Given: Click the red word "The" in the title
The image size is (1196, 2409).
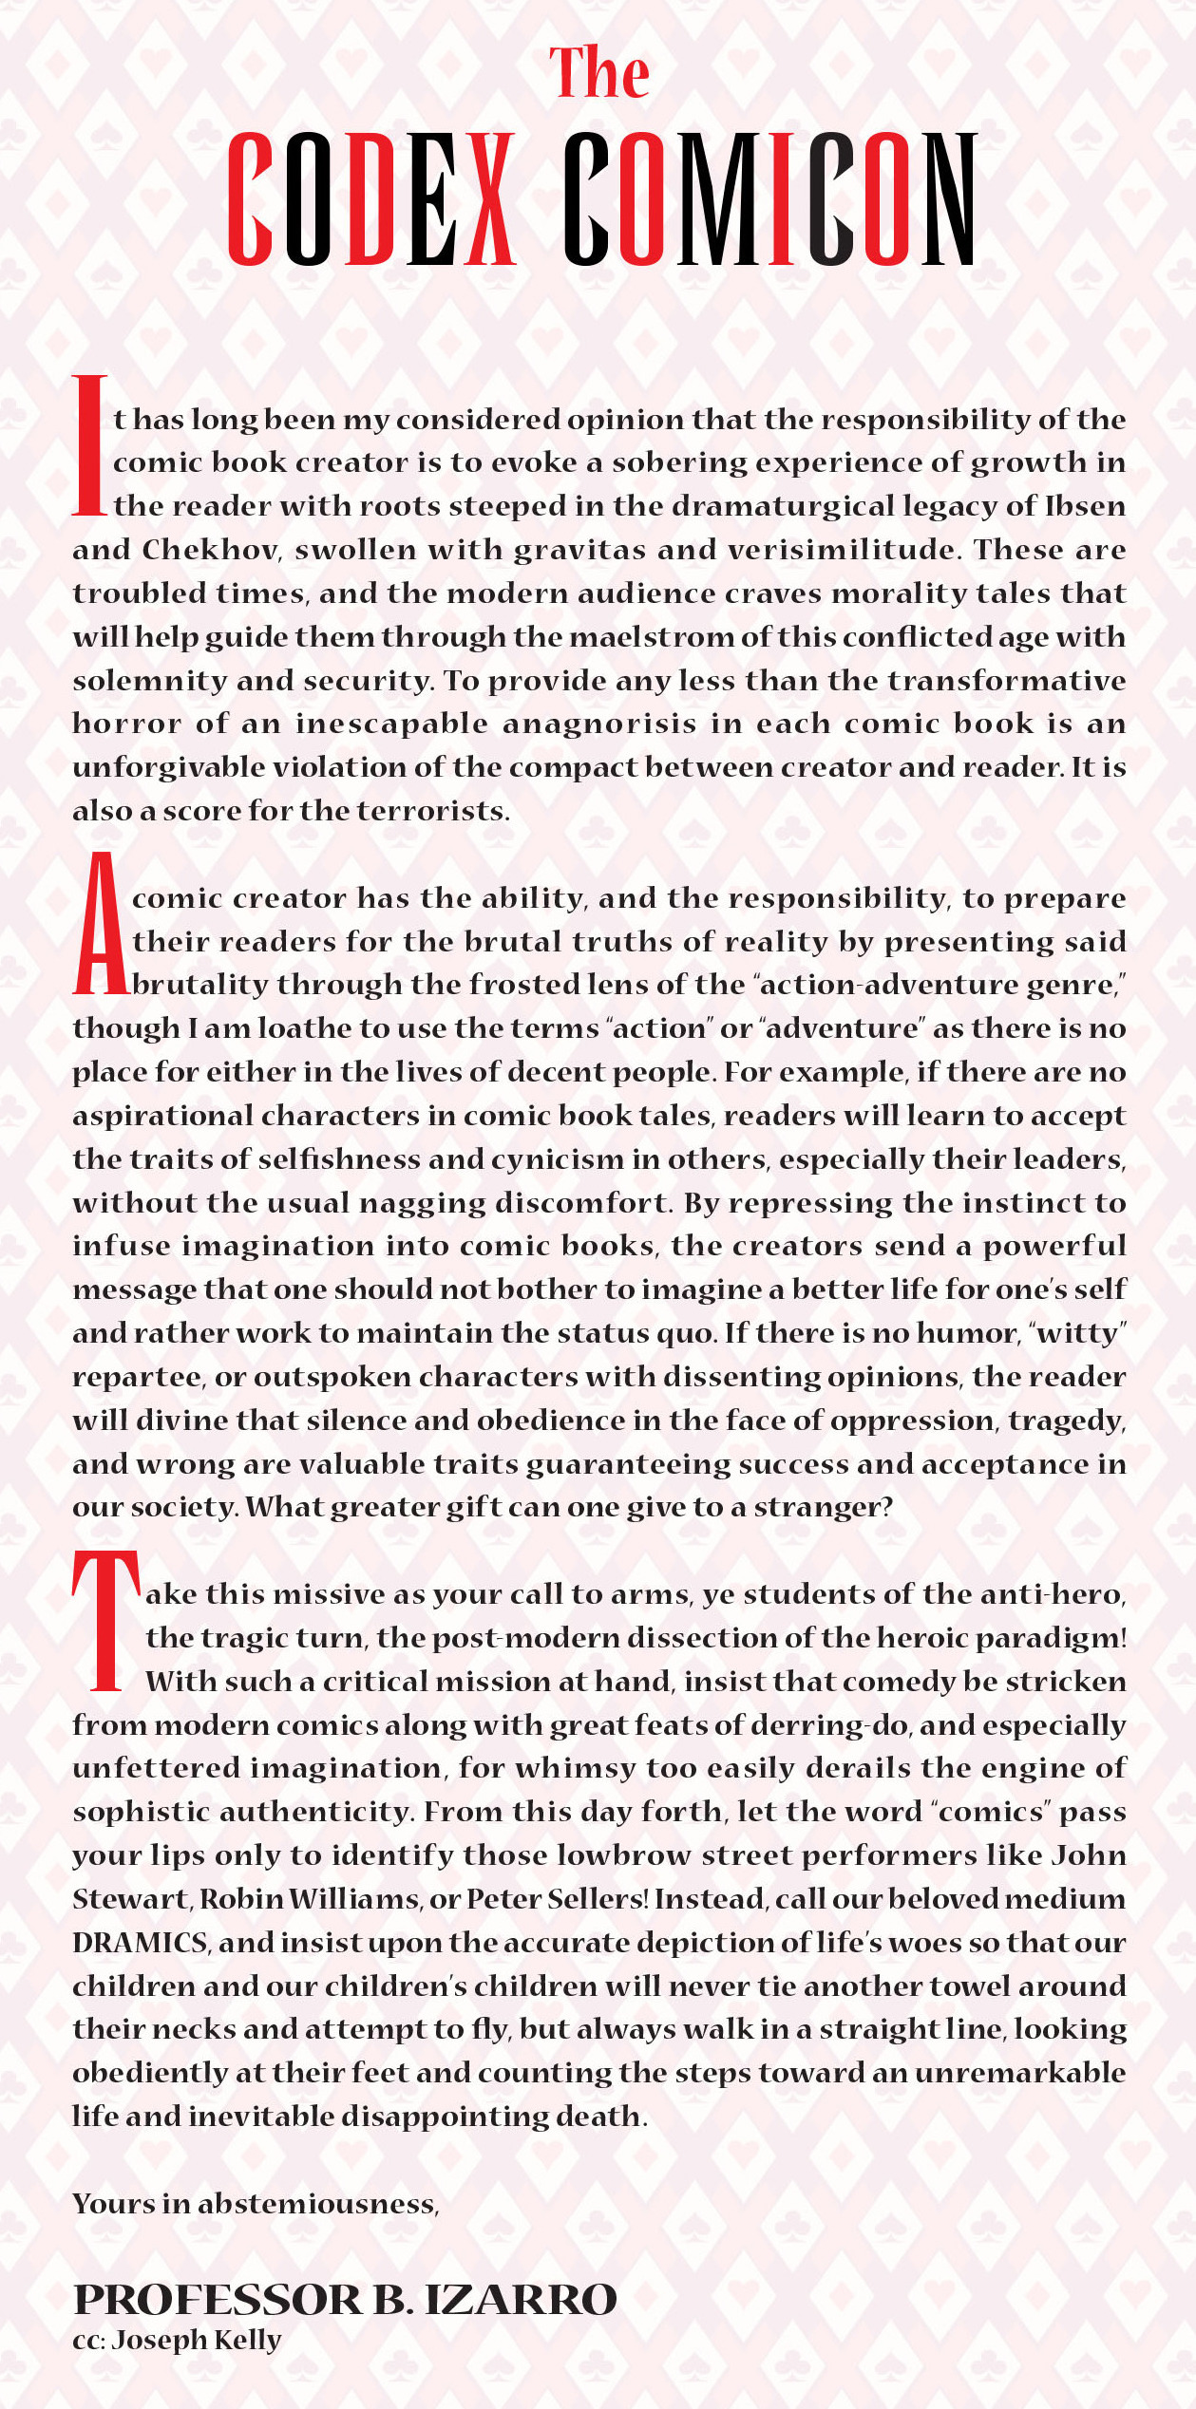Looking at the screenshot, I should tap(599, 72).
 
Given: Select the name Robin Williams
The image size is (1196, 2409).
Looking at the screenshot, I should tap(310, 1899).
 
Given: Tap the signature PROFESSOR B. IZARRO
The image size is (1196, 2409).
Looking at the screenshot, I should tap(345, 2299).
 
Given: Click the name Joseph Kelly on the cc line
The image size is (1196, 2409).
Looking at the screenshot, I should tap(197, 2341).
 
